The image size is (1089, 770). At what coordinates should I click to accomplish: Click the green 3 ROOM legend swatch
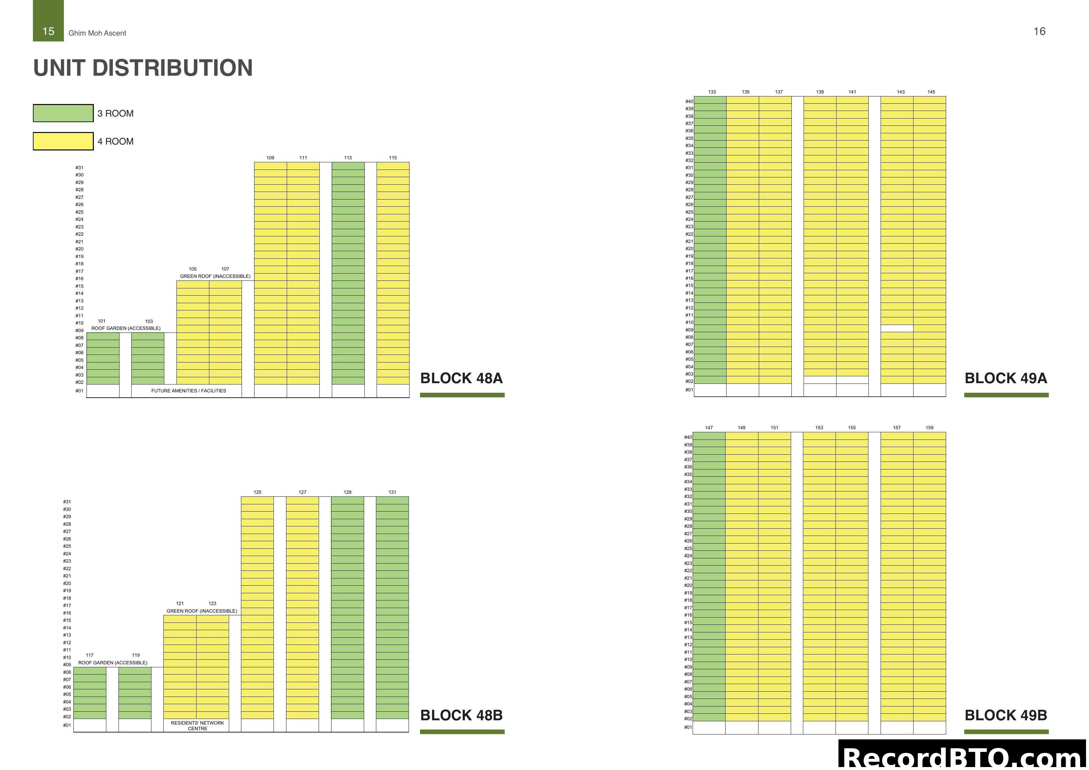(x=63, y=113)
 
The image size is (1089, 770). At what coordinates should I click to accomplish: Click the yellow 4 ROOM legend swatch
(x=63, y=141)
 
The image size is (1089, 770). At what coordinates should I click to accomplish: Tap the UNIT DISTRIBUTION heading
(x=143, y=68)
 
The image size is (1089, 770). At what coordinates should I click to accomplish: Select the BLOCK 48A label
(x=461, y=378)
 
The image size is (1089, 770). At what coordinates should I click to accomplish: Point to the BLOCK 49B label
(x=1005, y=715)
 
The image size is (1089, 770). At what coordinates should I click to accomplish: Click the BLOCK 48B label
(x=461, y=715)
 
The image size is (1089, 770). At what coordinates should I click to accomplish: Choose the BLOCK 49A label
(x=1005, y=378)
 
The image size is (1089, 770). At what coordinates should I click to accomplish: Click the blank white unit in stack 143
(x=896, y=328)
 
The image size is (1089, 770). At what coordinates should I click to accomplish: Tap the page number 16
(x=1039, y=31)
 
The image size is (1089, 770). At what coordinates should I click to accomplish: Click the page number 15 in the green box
(x=48, y=31)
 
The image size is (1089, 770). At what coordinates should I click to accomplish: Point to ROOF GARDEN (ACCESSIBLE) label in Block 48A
(x=126, y=328)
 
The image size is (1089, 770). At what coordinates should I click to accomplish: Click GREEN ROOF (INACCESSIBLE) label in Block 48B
(x=201, y=611)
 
